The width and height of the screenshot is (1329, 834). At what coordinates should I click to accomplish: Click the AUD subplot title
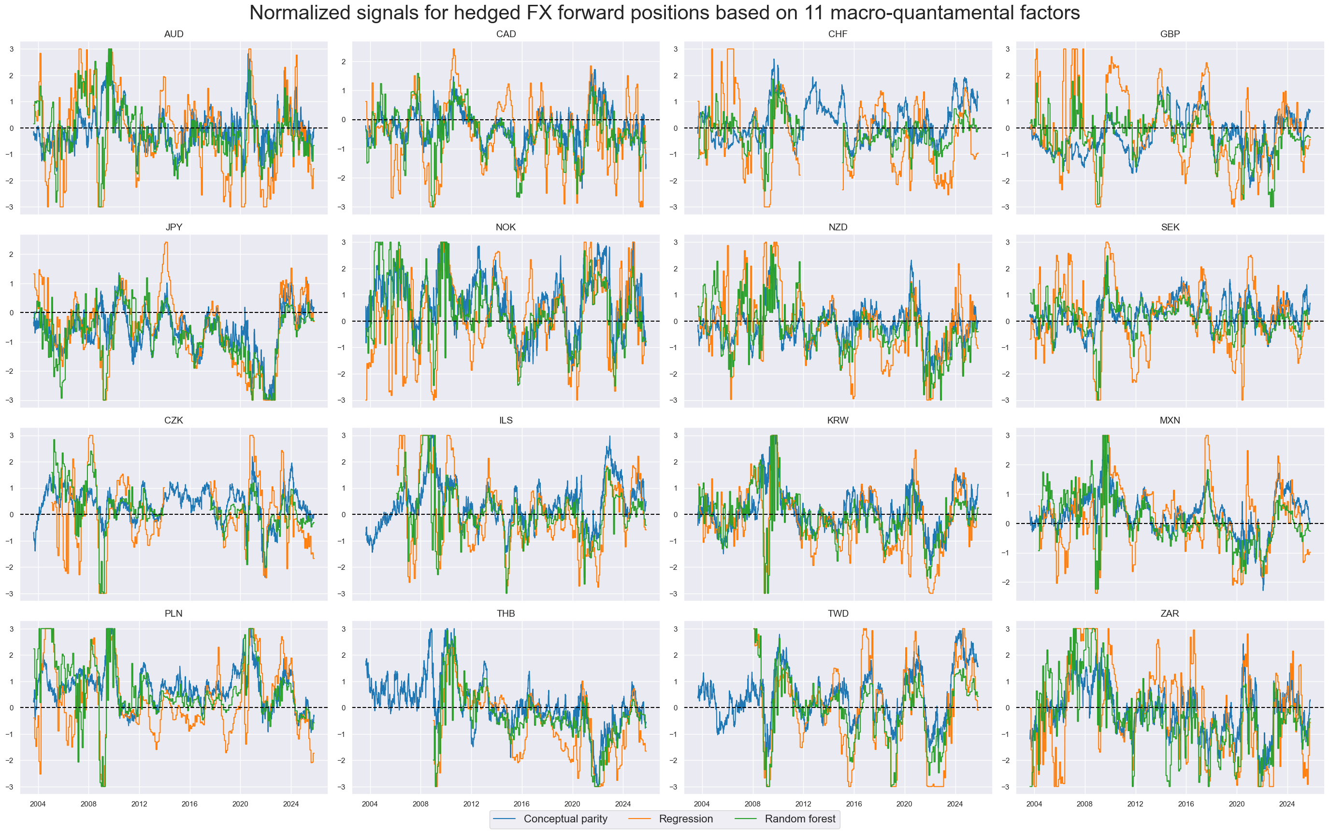[173, 34]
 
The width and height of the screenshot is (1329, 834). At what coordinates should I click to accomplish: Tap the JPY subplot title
[173, 227]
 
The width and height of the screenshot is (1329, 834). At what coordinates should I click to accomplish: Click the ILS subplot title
[506, 420]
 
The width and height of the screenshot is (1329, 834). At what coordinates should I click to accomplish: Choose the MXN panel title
[1170, 420]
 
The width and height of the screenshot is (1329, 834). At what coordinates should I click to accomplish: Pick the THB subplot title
[506, 613]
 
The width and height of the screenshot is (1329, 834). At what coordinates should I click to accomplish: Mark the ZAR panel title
[1170, 613]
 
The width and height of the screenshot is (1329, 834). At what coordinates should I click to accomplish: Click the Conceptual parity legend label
[565, 819]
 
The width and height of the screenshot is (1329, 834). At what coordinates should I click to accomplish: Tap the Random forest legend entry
[800, 819]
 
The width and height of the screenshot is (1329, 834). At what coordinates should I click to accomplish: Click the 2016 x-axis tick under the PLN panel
[189, 804]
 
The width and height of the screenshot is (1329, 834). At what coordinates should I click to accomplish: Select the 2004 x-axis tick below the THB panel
[370, 804]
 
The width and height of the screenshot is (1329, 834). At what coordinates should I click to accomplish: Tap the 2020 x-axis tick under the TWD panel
[904, 804]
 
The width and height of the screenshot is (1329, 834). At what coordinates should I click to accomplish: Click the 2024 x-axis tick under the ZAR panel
[1286, 804]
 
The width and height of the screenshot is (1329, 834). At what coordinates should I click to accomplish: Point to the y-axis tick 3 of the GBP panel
[1007, 49]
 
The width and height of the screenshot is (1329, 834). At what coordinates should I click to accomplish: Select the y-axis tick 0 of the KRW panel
[676, 515]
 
